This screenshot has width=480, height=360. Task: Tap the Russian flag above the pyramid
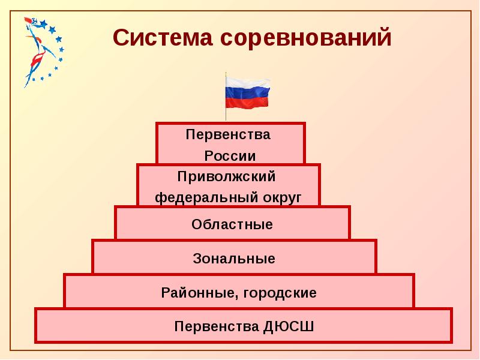point(248,93)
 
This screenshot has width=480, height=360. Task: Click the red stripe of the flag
point(248,103)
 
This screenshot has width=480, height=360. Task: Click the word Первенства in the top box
point(228,134)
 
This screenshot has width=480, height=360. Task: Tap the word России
point(230,156)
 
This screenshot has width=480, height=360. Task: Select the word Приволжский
point(226,176)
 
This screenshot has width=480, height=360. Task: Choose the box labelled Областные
point(232,224)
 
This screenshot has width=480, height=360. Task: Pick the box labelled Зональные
point(234,259)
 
